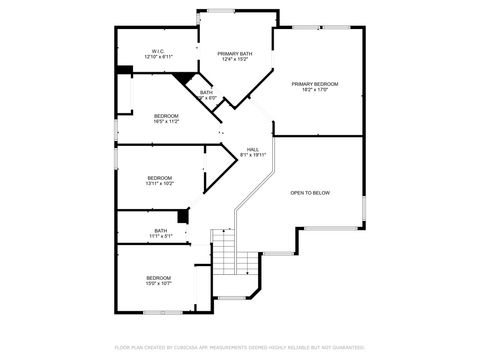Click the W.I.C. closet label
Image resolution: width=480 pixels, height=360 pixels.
(158, 50)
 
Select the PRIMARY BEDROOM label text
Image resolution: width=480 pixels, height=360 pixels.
(315, 83)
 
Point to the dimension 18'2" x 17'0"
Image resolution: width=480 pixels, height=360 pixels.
(315, 90)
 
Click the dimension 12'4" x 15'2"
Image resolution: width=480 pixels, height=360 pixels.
(235, 59)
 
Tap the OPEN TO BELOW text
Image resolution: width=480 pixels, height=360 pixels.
(310, 192)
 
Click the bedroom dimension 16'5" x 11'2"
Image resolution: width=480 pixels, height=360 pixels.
(166, 122)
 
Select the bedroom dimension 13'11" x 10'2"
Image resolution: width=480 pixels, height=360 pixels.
(160, 184)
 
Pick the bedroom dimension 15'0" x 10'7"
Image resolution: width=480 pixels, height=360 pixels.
(159, 284)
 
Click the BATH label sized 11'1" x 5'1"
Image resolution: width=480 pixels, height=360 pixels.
(160, 231)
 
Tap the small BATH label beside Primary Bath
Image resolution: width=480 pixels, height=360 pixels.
(206, 92)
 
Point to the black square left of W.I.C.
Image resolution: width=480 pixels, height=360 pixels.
(124, 70)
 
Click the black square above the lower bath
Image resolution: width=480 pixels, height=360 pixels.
(183, 216)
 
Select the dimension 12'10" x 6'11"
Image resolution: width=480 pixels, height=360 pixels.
(158, 57)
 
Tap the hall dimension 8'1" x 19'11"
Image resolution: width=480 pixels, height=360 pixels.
(253, 155)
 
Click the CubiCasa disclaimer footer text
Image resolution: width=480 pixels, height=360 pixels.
(240, 348)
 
